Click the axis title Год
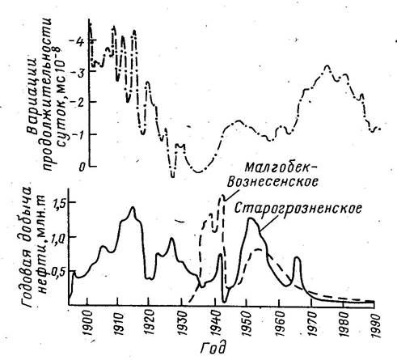213,348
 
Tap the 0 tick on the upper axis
82,167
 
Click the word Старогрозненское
298,209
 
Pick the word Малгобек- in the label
281,168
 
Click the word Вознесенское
272,182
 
